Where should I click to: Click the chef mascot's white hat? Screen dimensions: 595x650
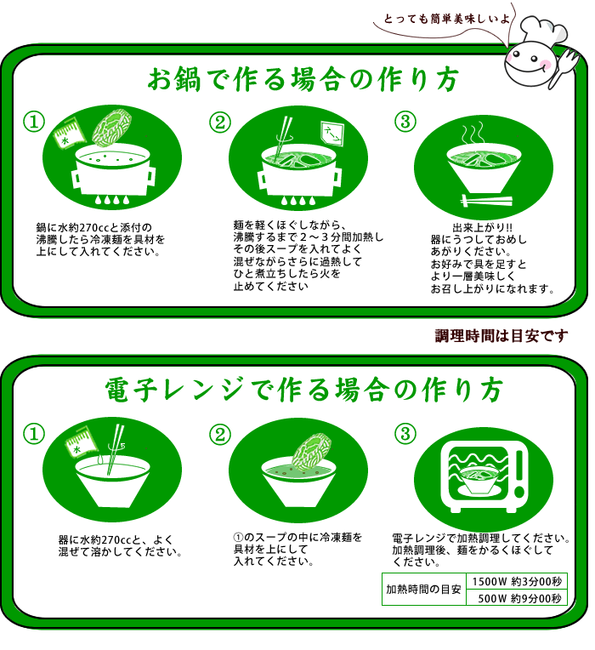coord(543,31)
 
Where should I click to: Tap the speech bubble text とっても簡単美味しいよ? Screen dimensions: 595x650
coord(446,19)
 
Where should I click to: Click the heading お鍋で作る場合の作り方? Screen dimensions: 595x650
coord(303,79)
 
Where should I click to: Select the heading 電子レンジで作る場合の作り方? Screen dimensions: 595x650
coord(304,390)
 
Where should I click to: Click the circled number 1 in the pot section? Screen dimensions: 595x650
coord(34,122)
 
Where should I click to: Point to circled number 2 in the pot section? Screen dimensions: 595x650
coord(220,123)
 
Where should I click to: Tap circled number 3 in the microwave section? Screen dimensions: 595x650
coord(405,434)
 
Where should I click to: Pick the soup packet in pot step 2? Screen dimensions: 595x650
coord(332,133)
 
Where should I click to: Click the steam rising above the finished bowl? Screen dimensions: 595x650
coord(473,132)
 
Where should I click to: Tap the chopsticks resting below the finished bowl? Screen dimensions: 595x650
coord(486,201)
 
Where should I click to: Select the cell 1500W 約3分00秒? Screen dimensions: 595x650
coord(517,582)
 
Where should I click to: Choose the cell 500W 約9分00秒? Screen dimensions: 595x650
coord(517,598)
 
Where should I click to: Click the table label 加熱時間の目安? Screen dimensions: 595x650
coord(423,589)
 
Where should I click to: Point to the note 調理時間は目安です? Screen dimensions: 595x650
coord(501,336)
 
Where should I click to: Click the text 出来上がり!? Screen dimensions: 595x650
coord(483,227)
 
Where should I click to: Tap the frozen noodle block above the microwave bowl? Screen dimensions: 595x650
coord(311,452)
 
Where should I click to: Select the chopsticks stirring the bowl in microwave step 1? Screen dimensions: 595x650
coord(115,449)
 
